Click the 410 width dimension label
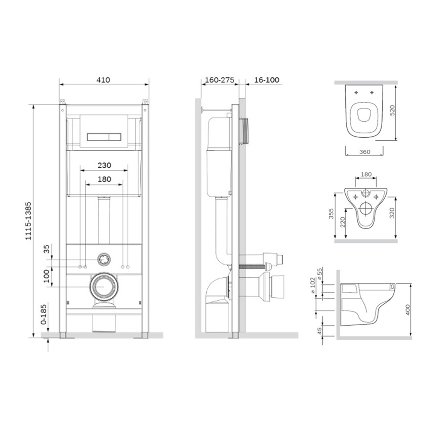click(x=103, y=80)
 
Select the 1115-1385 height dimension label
click(x=28, y=221)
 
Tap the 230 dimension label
click(x=105, y=165)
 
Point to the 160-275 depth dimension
click(x=220, y=80)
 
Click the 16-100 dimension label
click(x=267, y=80)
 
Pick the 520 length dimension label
click(x=393, y=110)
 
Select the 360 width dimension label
click(x=365, y=152)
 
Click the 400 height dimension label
click(x=408, y=310)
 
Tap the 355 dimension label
click(x=331, y=214)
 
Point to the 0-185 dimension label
click(x=44, y=314)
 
